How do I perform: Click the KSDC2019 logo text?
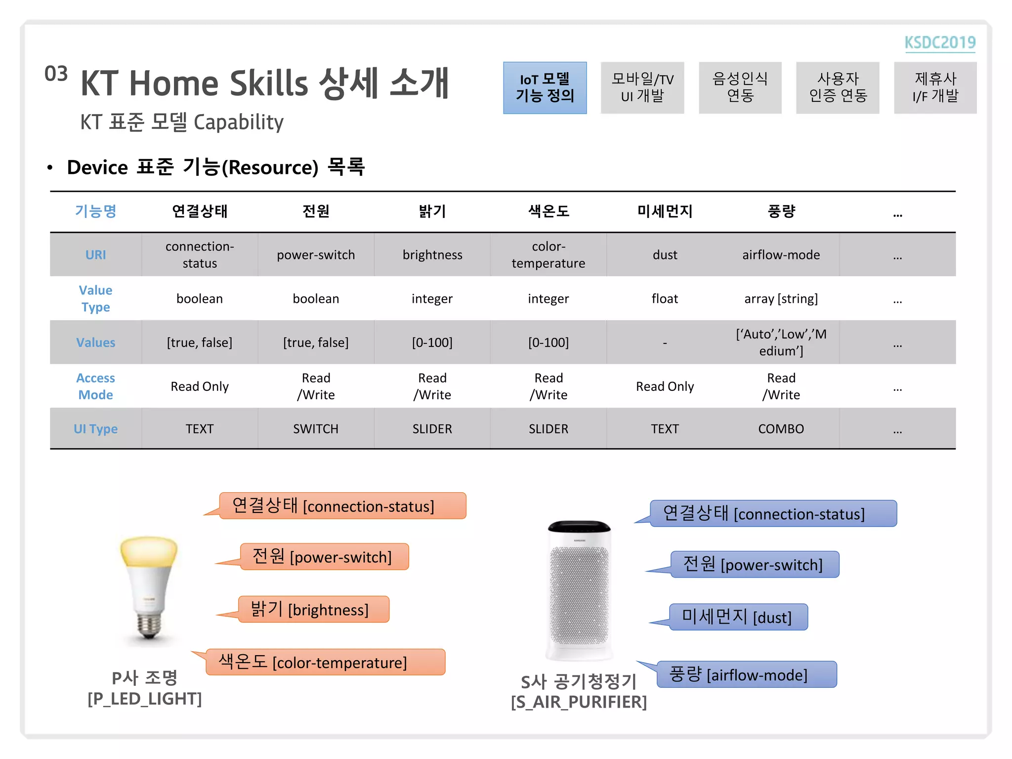939,42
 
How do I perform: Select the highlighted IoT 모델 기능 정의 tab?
545,87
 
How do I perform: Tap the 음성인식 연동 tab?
740,87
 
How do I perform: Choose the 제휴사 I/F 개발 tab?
935,87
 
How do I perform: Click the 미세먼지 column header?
665,211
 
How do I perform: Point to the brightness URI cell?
432,255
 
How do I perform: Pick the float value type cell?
665,298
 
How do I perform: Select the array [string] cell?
781,298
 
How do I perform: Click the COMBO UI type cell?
781,429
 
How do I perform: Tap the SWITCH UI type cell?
316,429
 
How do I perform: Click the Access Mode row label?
95,386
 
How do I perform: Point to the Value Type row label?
95,298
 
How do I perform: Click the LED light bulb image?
149,588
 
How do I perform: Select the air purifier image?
579,590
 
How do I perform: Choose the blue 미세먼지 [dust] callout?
738,617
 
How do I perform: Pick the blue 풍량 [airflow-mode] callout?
746,675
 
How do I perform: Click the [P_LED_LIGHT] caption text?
144,699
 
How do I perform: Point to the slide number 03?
56,74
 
